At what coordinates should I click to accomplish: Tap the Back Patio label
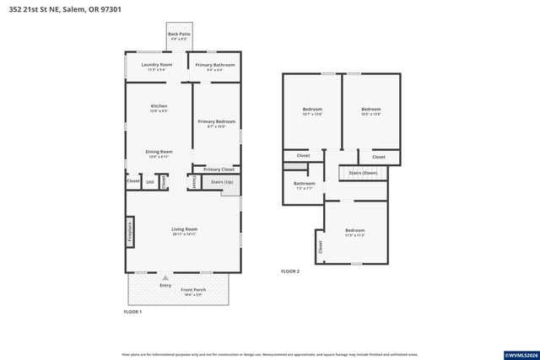coord(179,35)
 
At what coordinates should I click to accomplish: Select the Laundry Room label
coord(156,65)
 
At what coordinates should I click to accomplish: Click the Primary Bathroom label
coord(215,65)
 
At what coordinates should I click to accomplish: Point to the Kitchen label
coord(159,106)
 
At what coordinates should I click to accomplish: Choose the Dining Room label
coord(159,152)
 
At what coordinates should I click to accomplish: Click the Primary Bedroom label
coord(215,121)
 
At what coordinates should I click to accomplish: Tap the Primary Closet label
coord(219,169)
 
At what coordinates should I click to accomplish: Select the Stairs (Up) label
coord(221,181)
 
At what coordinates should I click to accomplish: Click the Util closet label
coord(149,181)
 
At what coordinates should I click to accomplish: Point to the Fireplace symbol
coord(131,232)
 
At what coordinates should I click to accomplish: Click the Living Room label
coord(184,229)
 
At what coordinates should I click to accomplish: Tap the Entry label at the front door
coord(165,284)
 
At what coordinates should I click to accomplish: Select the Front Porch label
coord(193,290)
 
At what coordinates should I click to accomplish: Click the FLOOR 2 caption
coord(290,271)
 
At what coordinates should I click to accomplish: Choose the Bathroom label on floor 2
coord(304,184)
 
